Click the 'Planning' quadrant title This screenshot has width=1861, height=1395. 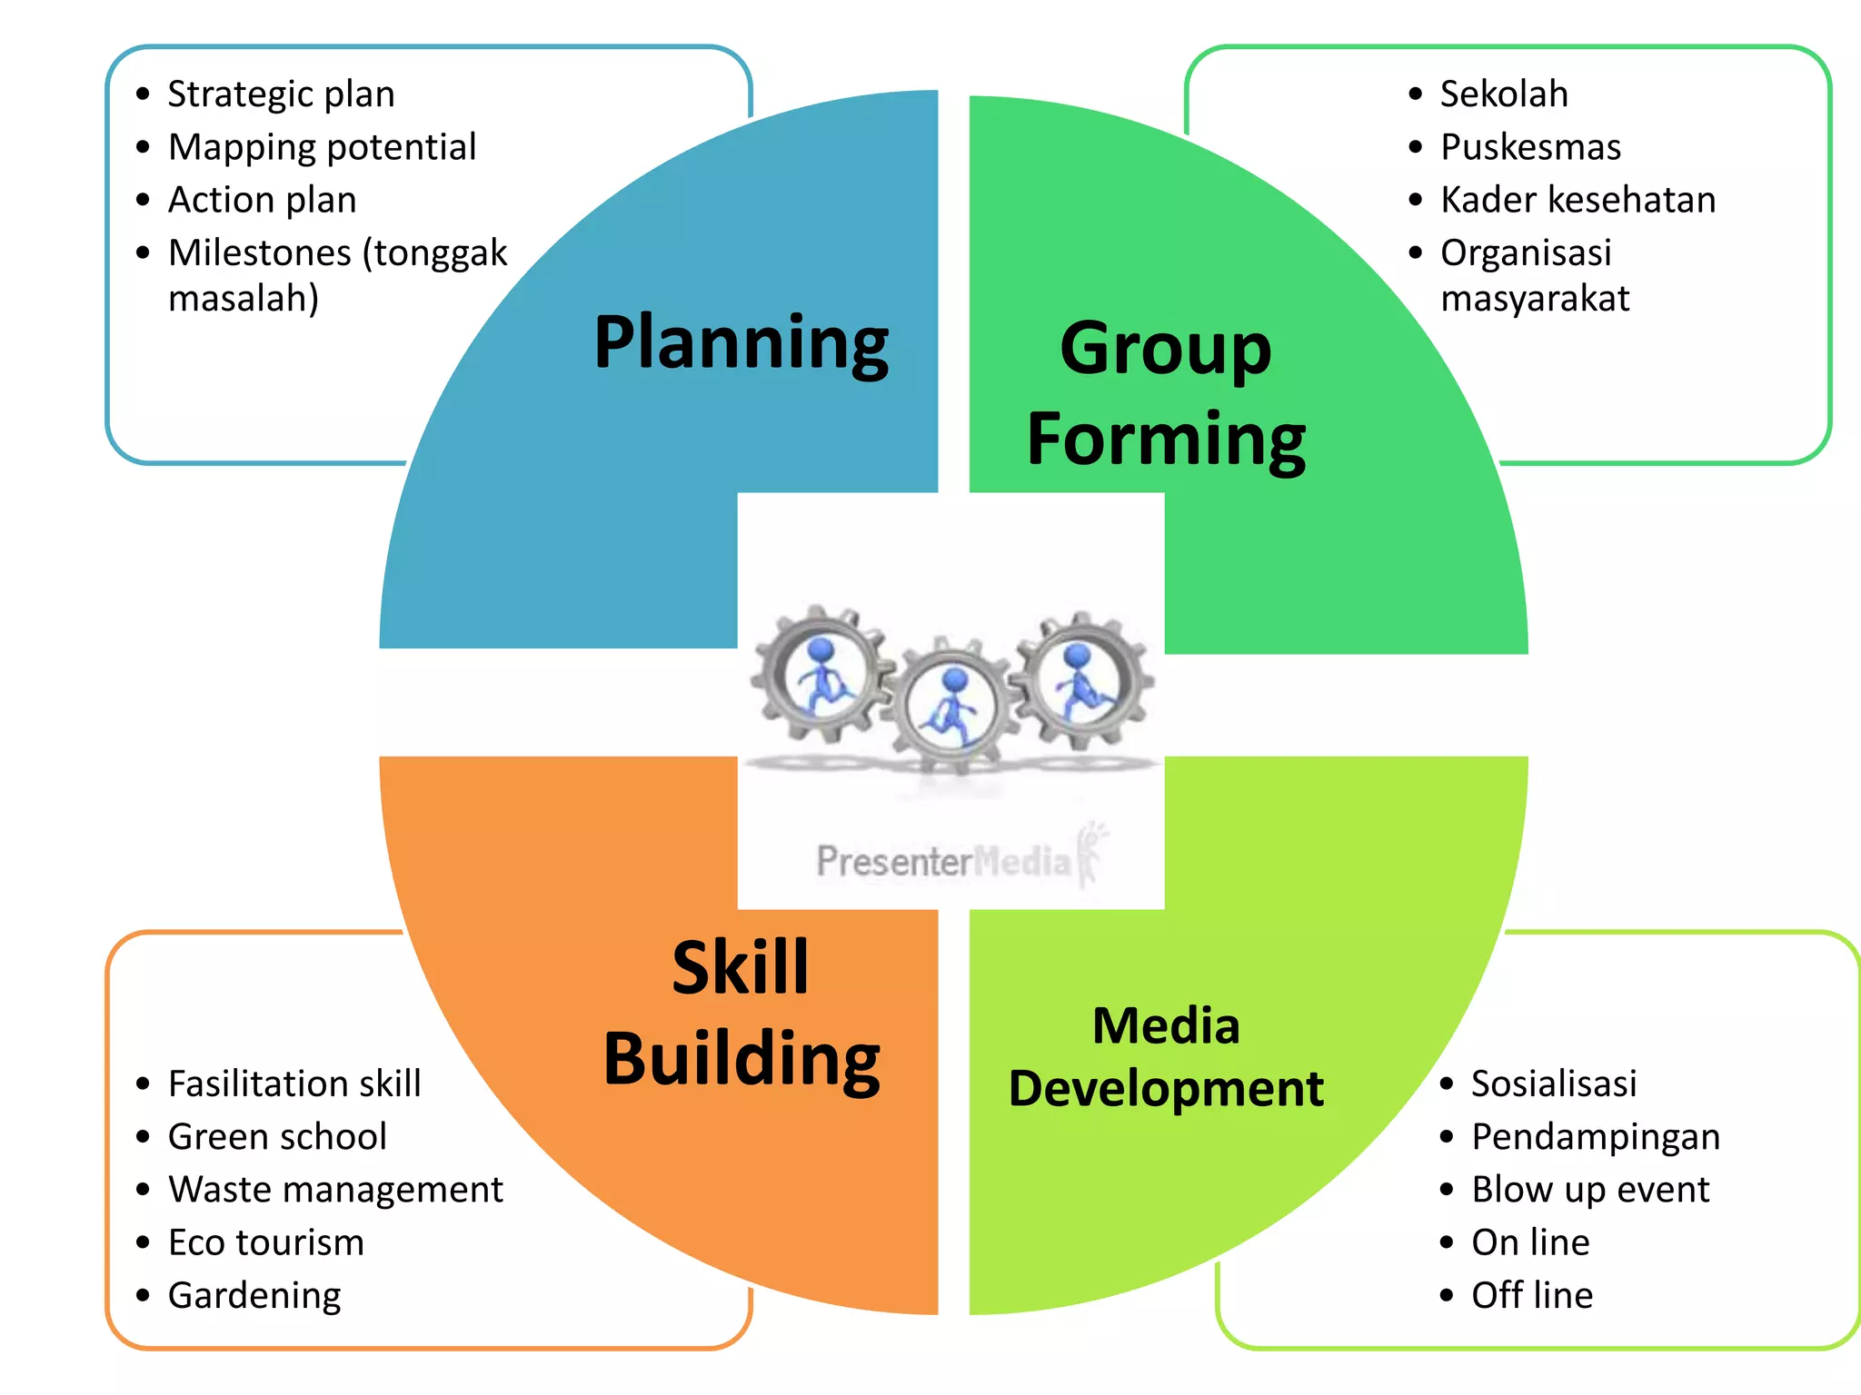tap(741, 343)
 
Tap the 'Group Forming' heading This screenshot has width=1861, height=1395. tap(1166, 393)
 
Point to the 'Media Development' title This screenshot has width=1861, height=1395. tap(1166, 1056)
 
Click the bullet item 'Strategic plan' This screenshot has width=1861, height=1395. tap(281, 94)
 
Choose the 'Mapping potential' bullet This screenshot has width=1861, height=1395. tap(322, 147)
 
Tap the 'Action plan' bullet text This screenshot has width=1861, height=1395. tap(262, 200)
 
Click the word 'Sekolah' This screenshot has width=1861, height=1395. tap(1504, 94)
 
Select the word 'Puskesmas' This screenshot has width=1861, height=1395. tap(1530, 147)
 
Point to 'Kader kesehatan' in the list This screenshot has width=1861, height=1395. tap(1577, 200)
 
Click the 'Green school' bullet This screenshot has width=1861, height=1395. tap(277, 1137)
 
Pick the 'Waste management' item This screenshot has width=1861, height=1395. tap(335, 1190)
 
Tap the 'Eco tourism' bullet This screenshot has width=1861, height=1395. tap(265, 1242)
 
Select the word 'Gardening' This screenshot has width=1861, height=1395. tap(254, 1295)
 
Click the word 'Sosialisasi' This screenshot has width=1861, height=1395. tap(1554, 1083)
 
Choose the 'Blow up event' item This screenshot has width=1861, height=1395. tap(1590, 1190)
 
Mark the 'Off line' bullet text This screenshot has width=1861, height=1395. tap(1532, 1295)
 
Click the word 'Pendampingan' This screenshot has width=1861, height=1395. tap(1596, 1137)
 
